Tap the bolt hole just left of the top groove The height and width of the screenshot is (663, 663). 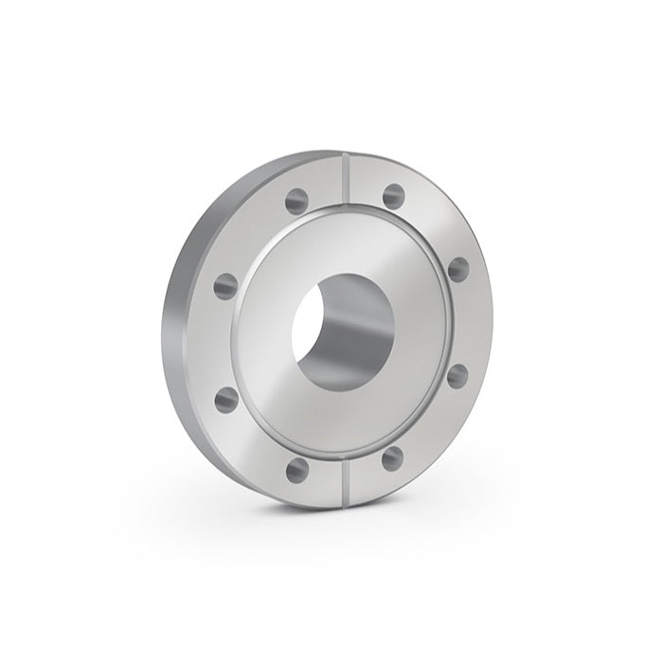[296, 200]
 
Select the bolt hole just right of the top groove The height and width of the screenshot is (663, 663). [393, 195]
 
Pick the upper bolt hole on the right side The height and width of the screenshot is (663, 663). [458, 267]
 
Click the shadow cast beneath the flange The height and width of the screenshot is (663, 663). [284, 516]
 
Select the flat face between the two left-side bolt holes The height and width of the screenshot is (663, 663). [220, 341]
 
